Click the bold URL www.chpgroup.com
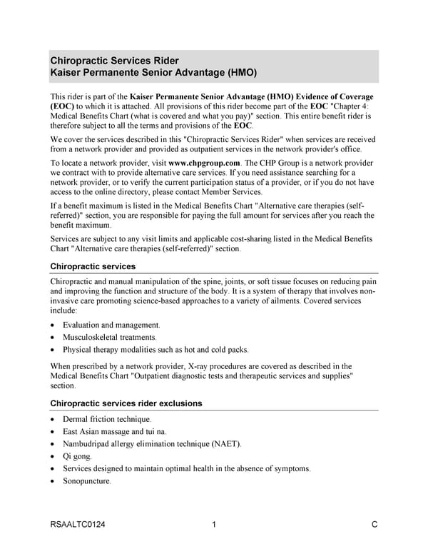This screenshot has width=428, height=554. (209, 162)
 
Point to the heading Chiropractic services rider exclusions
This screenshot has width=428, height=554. (126, 403)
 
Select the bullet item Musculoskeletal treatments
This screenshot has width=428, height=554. (109, 337)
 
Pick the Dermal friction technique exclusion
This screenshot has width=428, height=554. (106, 419)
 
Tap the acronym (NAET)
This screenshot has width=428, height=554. (225, 443)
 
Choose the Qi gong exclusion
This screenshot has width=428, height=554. (77, 456)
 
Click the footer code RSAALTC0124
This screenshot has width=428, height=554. (78, 526)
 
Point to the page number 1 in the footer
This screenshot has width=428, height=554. (214, 526)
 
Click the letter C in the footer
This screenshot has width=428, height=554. (374, 526)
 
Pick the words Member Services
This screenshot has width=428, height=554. (233, 192)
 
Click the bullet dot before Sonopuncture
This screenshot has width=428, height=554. (53, 482)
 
